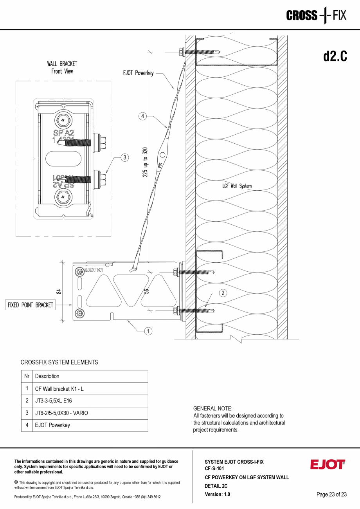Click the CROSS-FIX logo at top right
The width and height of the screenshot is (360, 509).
tap(316, 16)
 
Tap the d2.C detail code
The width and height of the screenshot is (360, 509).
tap(335, 57)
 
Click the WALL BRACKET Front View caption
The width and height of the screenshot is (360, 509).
tap(62, 67)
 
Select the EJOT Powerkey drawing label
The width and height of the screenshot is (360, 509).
tap(138, 73)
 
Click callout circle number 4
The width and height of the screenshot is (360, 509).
tap(143, 116)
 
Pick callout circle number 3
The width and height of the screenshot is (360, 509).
tap(124, 157)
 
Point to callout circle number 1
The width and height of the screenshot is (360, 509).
tap(148, 331)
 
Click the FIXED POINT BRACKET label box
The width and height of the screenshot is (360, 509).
tap(30, 305)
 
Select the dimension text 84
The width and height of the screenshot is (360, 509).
tap(59, 291)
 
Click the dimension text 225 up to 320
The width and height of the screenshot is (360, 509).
tap(145, 162)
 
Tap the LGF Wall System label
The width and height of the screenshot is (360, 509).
tap(237, 186)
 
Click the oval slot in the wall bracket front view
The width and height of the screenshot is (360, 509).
tap(64, 159)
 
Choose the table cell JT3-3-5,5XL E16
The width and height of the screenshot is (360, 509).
tap(53, 401)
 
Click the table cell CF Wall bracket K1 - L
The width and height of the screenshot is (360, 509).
tap(59, 388)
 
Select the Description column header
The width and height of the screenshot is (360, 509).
tap(47, 376)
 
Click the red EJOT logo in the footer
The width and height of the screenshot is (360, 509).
tap(328, 464)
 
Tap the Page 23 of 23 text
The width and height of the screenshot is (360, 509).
tap(331, 494)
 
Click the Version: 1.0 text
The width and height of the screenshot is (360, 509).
tap(217, 494)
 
